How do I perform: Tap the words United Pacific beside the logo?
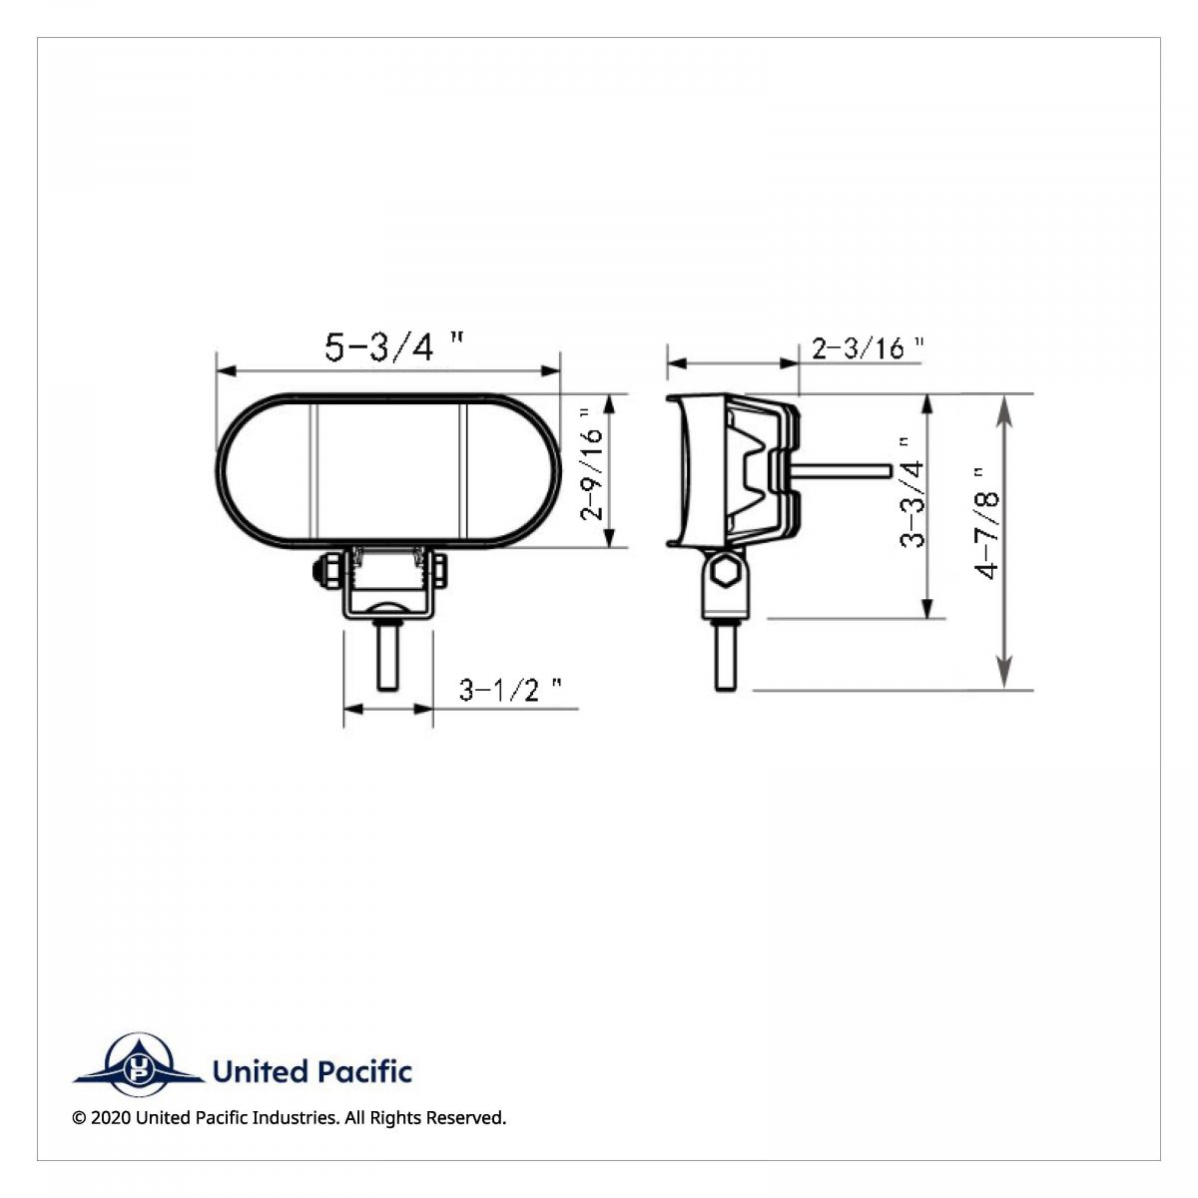pyautogui.click(x=311, y=1072)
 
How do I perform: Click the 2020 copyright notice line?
pyautogui.click(x=290, y=1118)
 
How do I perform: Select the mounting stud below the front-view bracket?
pyautogui.click(x=388, y=655)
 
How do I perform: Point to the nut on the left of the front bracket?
pyautogui.click(x=324, y=572)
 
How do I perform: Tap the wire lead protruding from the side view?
pyautogui.click(x=839, y=469)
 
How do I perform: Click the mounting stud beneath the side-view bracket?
pyautogui.click(x=726, y=656)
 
